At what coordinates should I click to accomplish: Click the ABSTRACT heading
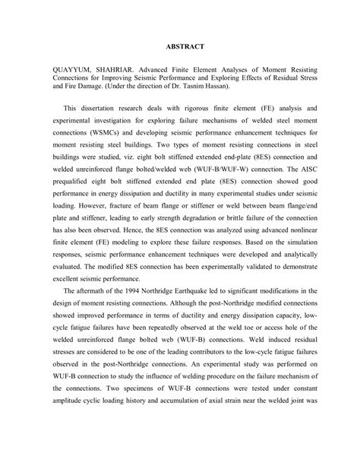click(x=182, y=47)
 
